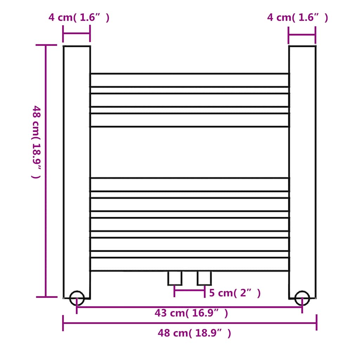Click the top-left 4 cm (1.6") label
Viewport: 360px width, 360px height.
[x=79, y=18]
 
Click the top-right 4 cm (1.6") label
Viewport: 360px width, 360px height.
[x=297, y=18]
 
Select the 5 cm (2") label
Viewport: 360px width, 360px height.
[x=235, y=293]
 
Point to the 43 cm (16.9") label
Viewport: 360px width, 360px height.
[x=191, y=313]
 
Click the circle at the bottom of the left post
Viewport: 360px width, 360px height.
[x=77, y=298]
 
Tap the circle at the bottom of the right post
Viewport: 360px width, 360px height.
[x=302, y=298]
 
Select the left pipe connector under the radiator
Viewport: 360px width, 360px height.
[x=175, y=278]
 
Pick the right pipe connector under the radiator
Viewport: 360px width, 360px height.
[x=204, y=278]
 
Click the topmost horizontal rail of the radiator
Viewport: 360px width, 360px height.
[x=189, y=80]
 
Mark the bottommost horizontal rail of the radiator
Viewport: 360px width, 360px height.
[x=189, y=264]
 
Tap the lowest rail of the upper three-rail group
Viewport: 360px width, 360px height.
[x=189, y=120]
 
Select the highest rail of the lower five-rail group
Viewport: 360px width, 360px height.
[x=189, y=185]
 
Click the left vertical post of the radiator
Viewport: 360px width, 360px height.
[x=77, y=169]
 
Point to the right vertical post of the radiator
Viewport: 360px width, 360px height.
[x=302, y=169]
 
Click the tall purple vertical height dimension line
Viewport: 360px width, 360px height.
[x=46, y=171]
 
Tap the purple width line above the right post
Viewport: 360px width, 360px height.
[x=302, y=34]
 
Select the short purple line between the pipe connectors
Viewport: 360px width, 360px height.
[x=189, y=290]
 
